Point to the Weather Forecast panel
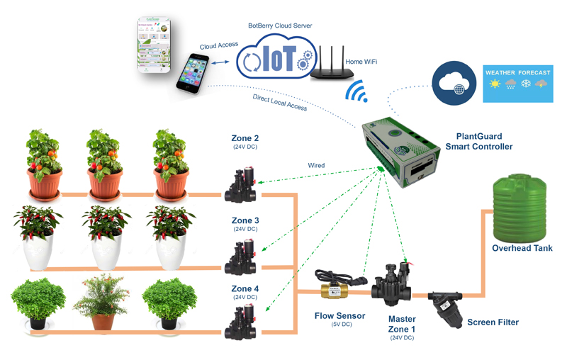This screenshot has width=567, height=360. point(517,84)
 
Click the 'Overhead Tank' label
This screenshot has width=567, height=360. point(522,248)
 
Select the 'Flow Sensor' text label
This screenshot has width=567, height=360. point(340,315)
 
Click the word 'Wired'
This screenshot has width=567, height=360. point(316,165)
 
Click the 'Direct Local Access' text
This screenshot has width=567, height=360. point(281,103)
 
